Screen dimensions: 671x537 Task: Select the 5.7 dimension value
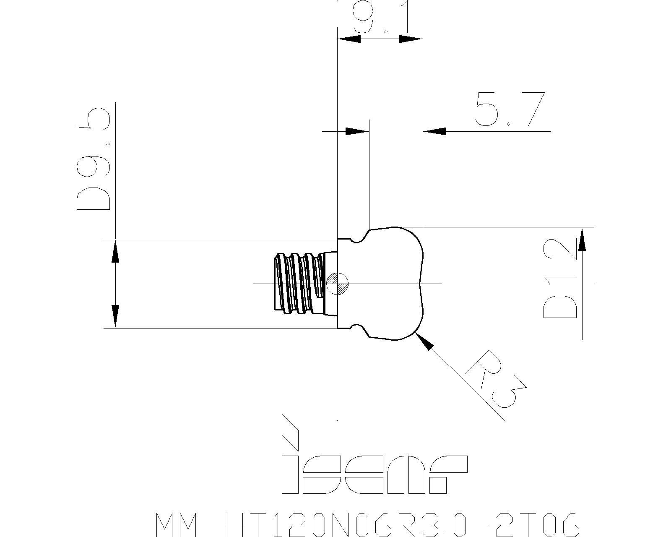(x=510, y=109)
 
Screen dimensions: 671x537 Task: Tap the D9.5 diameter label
(x=94, y=159)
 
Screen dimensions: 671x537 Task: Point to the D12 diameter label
(x=560, y=279)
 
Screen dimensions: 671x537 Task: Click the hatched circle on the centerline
(x=337, y=284)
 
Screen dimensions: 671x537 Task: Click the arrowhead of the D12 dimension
(x=582, y=239)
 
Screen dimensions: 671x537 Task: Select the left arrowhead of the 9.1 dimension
(x=349, y=39)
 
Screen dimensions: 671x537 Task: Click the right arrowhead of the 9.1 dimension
(x=411, y=39)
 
